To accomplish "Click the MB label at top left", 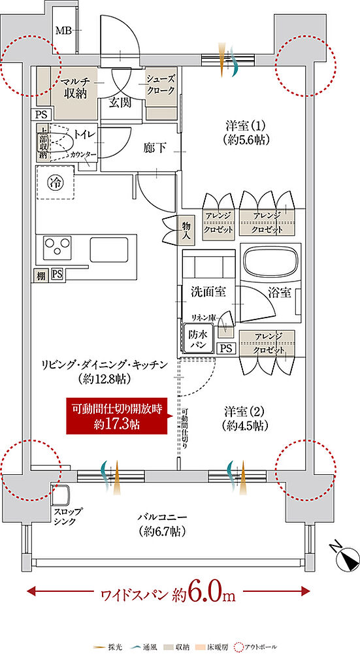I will (x=63, y=30).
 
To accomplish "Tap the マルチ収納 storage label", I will (x=76, y=88).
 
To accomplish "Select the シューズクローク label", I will (x=160, y=83).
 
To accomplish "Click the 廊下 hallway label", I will (x=155, y=147).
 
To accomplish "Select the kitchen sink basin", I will (x=108, y=249).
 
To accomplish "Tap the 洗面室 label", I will (x=209, y=291).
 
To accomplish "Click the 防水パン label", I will (x=199, y=338).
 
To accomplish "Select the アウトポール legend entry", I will (x=259, y=647).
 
